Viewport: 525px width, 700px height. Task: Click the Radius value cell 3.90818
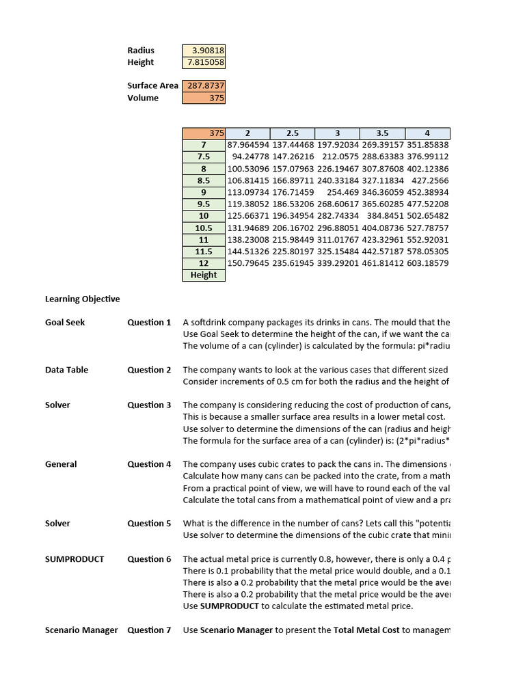(x=204, y=51)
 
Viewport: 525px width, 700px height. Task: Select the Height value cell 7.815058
(x=204, y=62)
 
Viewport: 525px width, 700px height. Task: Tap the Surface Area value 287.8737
(x=204, y=86)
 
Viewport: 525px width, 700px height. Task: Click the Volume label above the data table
(x=142, y=98)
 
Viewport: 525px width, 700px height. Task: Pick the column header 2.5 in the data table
(x=293, y=133)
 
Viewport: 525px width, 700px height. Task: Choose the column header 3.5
(x=382, y=133)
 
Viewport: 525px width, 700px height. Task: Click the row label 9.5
(x=204, y=204)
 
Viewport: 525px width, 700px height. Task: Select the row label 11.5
(x=204, y=252)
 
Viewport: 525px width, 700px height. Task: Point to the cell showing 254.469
(x=338, y=192)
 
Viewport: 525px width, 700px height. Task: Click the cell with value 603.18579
(x=427, y=263)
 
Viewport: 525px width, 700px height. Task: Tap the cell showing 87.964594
(x=247, y=145)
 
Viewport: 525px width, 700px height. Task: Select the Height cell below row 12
(x=204, y=275)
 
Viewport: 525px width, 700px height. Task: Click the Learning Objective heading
(x=82, y=299)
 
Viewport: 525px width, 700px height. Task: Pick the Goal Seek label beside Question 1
(x=65, y=322)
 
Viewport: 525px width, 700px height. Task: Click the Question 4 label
(x=149, y=464)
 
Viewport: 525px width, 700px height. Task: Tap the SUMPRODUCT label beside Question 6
(x=75, y=559)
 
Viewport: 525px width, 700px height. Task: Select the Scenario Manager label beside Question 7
(x=81, y=630)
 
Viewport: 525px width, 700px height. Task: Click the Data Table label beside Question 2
(x=66, y=370)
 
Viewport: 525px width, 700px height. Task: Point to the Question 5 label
(x=149, y=524)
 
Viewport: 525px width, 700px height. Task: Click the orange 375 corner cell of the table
(x=204, y=133)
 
